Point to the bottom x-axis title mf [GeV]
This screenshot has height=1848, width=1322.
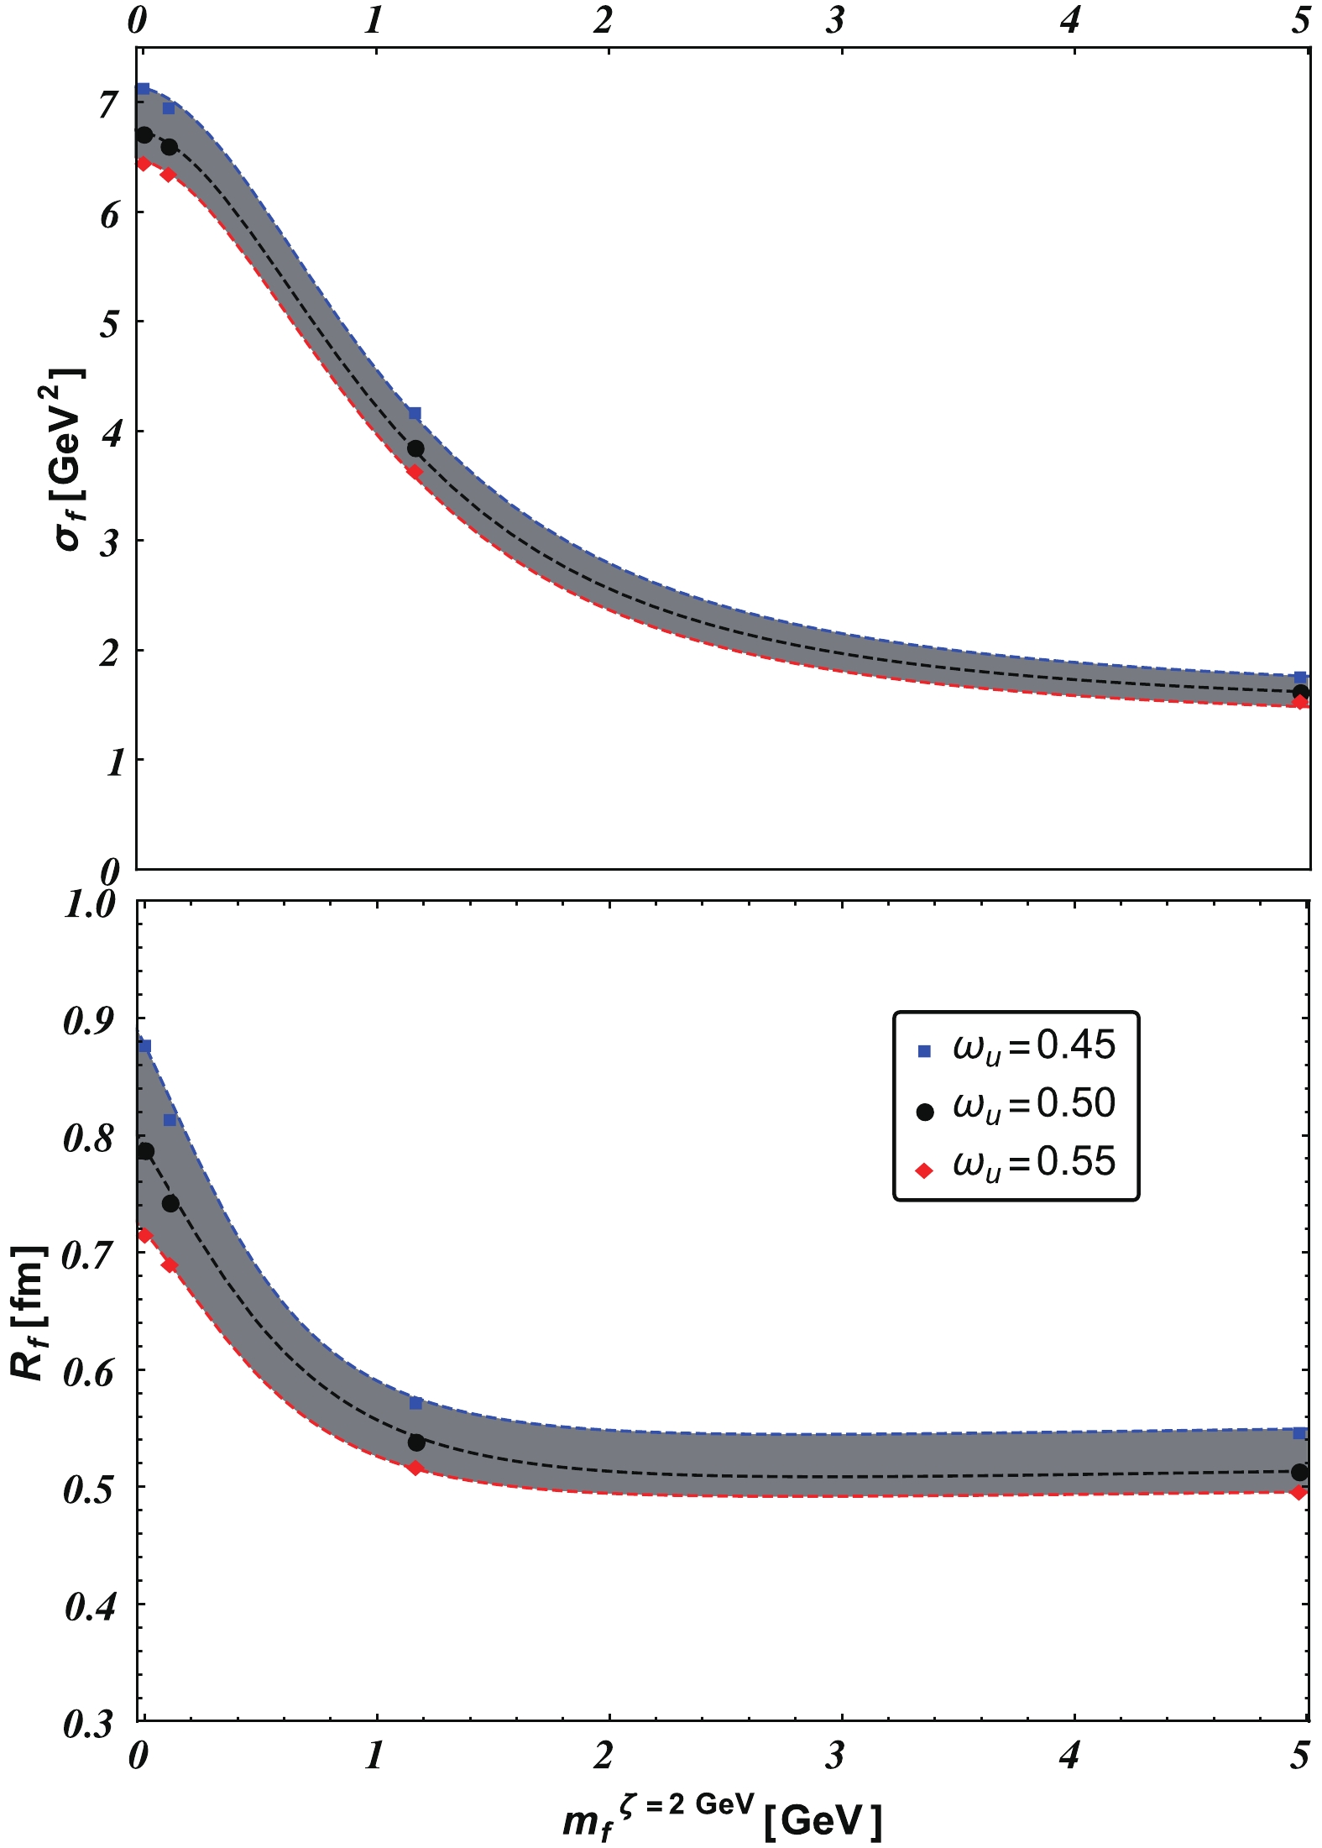(722, 1819)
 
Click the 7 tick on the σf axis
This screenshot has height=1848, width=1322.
(108, 106)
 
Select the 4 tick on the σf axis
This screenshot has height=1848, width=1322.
(108, 433)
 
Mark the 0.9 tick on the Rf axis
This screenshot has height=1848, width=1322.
(90, 1021)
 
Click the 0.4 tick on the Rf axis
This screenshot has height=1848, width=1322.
(90, 1606)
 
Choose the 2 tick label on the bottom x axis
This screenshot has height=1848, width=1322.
(603, 1756)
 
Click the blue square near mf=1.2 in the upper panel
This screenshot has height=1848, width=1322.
(415, 413)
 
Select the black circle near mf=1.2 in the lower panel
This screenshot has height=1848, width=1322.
(416, 1442)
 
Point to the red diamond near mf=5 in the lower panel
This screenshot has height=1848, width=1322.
(1299, 1492)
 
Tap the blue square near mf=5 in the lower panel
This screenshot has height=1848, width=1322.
(1299, 1432)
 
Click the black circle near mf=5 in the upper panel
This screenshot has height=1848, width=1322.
(1301, 693)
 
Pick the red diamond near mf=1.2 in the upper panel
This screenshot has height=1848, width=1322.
(415, 472)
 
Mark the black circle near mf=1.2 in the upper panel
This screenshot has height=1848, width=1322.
(415, 449)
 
